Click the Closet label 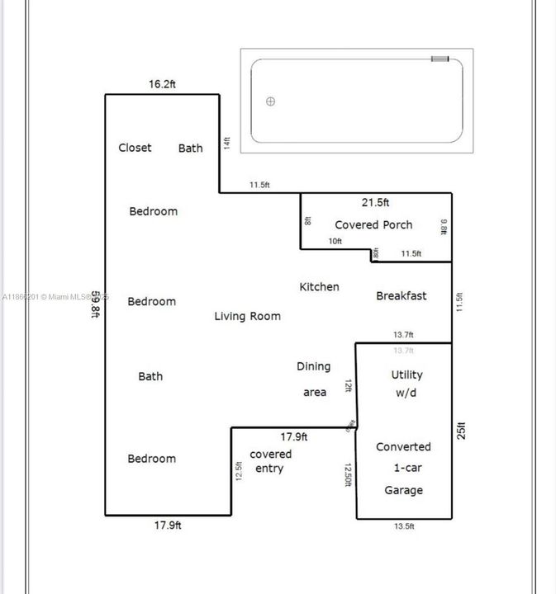(135, 148)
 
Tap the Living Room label (247, 316)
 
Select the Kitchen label (319, 286)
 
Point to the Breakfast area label (402, 295)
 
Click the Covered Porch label (373, 224)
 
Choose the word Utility (406, 375)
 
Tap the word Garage (403, 490)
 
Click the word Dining (313, 366)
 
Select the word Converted (403, 446)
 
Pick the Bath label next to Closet (191, 148)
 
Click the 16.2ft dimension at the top (163, 84)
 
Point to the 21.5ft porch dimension (376, 202)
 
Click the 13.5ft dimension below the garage (404, 526)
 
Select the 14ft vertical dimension (226, 143)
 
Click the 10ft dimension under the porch (335, 241)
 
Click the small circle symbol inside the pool (270, 101)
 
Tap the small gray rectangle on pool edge (440, 59)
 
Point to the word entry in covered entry (268, 469)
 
